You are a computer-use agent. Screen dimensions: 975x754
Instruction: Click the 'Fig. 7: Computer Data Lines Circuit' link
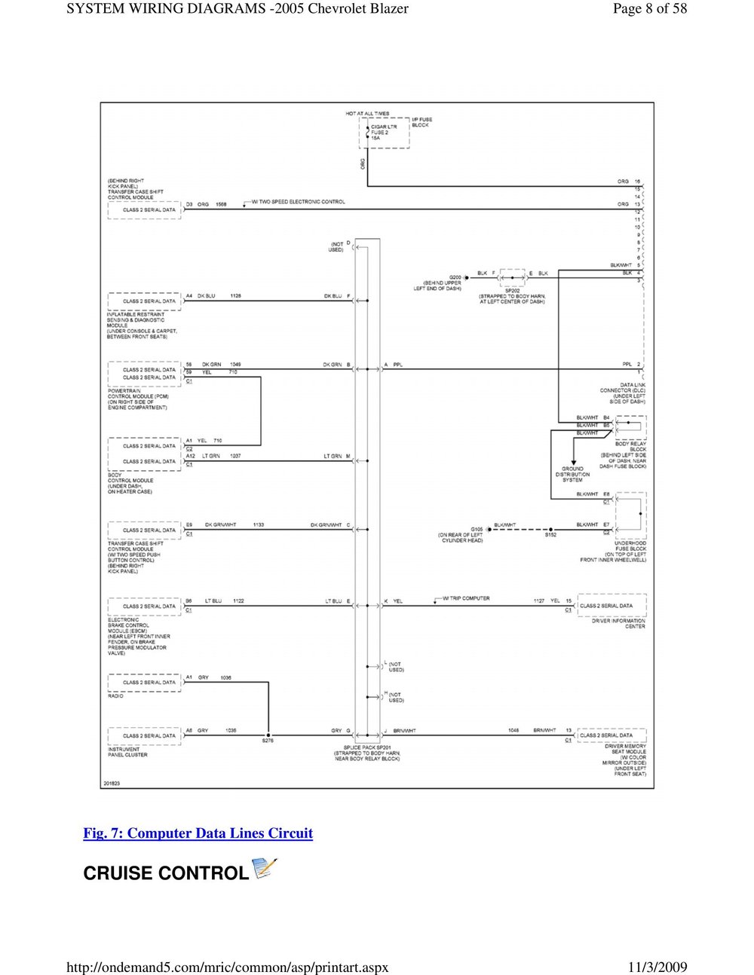click(198, 833)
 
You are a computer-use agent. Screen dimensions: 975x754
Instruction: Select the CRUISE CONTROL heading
click(165, 873)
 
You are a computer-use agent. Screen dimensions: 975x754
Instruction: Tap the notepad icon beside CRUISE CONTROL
click(262, 869)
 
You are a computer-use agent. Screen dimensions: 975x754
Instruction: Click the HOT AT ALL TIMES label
click(368, 114)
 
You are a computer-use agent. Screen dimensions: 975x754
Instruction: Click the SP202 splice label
click(513, 290)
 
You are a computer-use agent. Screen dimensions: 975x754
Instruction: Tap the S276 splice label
click(268, 741)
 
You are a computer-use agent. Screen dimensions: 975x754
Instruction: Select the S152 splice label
click(550, 534)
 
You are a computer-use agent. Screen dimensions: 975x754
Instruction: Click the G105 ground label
click(477, 529)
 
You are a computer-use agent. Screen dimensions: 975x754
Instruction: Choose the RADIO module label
click(116, 695)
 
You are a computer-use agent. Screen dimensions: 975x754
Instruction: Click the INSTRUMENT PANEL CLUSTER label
click(128, 752)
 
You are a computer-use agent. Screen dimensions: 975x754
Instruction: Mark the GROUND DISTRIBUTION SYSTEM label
click(572, 474)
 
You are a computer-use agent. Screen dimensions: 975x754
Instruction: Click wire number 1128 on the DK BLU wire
click(236, 296)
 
